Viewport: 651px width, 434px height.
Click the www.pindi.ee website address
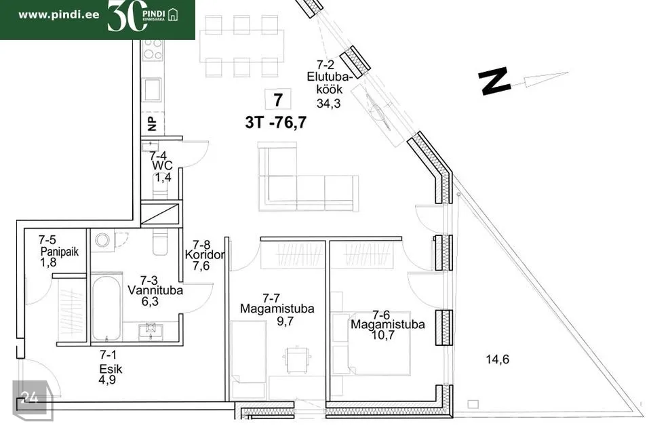[x=59, y=15]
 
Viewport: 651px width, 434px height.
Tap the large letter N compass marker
[x=494, y=81]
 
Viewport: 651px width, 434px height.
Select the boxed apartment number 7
[x=278, y=100]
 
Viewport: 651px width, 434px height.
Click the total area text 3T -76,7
[x=276, y=123]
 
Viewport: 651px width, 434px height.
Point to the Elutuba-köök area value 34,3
[x=328, y=103]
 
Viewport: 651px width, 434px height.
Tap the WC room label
[x=162, y=165]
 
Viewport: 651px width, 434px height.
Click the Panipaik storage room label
[x=60, y=252]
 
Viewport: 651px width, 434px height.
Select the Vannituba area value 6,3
[x=150, y=301]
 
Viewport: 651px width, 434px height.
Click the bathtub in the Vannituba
[x=106, y=308]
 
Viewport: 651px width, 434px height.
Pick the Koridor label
[x=205, y=254]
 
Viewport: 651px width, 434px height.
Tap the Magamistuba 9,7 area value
[x=285, y=321]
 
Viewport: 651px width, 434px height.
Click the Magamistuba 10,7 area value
[x=382, y=335]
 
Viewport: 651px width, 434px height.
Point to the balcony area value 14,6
[x=497, y=359]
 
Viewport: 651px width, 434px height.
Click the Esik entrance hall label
[x=111, y=369]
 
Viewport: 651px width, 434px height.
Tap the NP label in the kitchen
[x=152, y=123]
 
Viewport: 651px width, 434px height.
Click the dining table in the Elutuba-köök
[x=241, y=45]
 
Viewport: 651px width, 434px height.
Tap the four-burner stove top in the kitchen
[x=153, y=50]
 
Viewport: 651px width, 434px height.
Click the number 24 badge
[x=29, y=398]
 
